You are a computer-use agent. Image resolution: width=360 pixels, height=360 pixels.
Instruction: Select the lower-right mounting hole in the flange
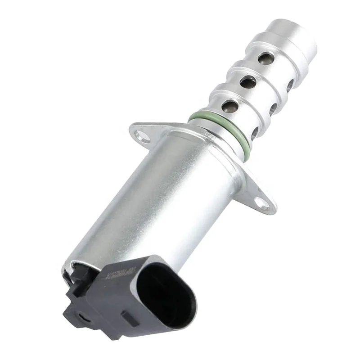(264, 204)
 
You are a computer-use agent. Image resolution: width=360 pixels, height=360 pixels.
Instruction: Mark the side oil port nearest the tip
(290, 84)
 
